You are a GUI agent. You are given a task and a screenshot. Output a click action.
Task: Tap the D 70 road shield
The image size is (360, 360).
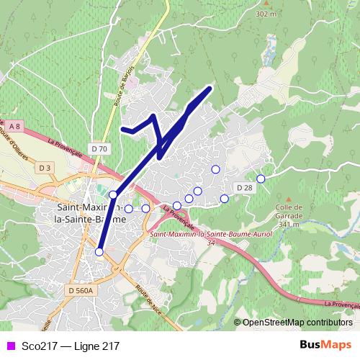(100, 149)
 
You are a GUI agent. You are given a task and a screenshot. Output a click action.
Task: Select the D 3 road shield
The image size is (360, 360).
(45, 168)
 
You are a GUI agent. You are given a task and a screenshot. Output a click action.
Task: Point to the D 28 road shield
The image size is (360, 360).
(244, 188)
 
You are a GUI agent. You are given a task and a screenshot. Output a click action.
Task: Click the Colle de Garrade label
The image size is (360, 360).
(287, 214)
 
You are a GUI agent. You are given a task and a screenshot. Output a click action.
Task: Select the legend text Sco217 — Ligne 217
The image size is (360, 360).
(71, 346)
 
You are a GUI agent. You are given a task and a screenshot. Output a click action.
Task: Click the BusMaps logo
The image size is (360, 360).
(325, 346)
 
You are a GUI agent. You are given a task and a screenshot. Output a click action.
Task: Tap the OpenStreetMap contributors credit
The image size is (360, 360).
(297, 323)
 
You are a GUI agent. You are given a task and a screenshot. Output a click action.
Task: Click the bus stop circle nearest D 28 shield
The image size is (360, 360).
(224, 198)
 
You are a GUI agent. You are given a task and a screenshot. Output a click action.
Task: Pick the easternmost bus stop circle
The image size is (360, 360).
(261, 178)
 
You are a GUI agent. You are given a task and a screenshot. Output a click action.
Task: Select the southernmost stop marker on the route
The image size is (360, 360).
(99, 251)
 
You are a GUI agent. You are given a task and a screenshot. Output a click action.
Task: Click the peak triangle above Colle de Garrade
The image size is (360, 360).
(288, 199)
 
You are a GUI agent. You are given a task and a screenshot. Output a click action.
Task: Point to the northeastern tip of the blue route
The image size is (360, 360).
(209, 88)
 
